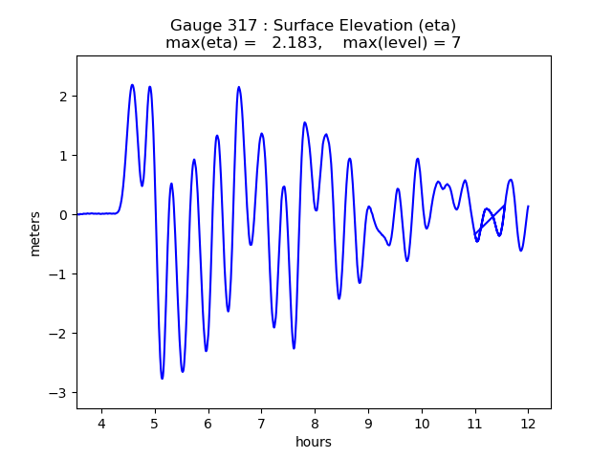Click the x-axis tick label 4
101,424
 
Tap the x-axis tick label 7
261,424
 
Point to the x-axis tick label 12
528,424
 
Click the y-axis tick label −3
59,393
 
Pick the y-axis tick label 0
63,215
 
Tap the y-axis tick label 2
63,97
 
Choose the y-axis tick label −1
59,274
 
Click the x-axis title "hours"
314,442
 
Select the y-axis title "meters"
35,232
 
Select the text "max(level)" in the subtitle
378,43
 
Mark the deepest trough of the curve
162,379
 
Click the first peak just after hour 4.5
132,85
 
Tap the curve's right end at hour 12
528,207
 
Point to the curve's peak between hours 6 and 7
239,87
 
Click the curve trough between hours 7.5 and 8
294,348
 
